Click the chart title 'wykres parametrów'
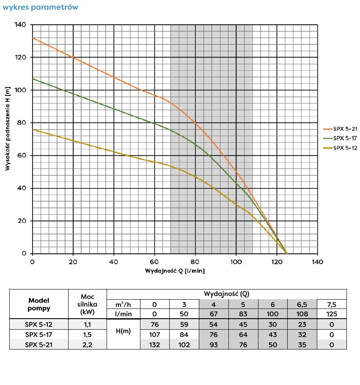tap(40, 8)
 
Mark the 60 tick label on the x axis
tap(154, 262)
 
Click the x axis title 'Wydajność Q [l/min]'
tap(175, 270)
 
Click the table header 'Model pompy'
tap(39, 304)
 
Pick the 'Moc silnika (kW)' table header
tap(87, 304)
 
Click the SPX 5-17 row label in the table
tap(39, 334)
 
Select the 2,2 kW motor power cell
tap(87, 344)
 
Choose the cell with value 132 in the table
tap(154, 344)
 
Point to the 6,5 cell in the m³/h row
tap(302, 305)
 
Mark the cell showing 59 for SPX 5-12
tap(184, 325)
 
